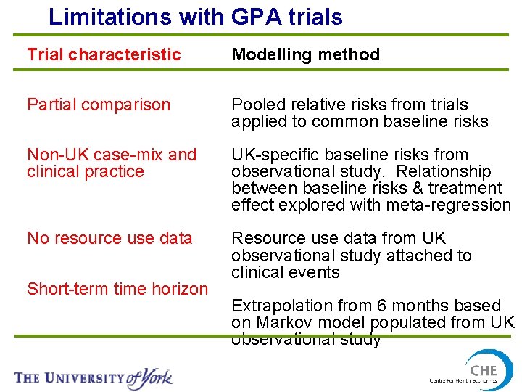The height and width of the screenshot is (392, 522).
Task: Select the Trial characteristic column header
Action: [x=104, y=54]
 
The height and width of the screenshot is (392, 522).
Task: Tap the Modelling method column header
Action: [x=305, y=54]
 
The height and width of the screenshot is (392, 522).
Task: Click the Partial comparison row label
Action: [x=98, y=105]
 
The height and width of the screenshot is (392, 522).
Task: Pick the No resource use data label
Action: [x=109, y=238]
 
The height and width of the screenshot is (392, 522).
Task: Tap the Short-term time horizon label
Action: [x=117, y=289]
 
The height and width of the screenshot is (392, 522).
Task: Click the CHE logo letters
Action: [x=483, y=369]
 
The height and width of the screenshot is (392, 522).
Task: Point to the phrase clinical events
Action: [x=285, y=272]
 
